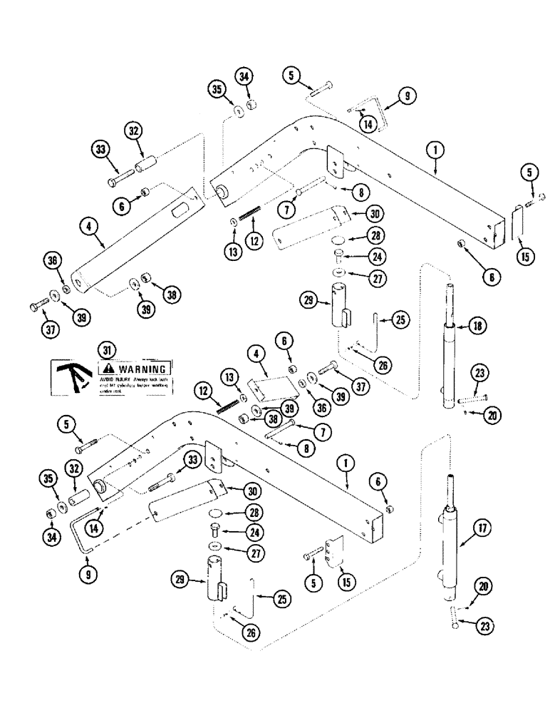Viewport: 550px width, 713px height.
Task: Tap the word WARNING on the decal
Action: [x=142, y=369]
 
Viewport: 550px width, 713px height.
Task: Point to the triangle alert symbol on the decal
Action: [x=106, y=369]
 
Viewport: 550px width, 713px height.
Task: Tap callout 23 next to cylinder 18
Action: [x=479, y=372]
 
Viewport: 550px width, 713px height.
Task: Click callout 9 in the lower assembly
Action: [x=85, y=571]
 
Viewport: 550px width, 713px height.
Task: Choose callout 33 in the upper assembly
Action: [x=100, y=151]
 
